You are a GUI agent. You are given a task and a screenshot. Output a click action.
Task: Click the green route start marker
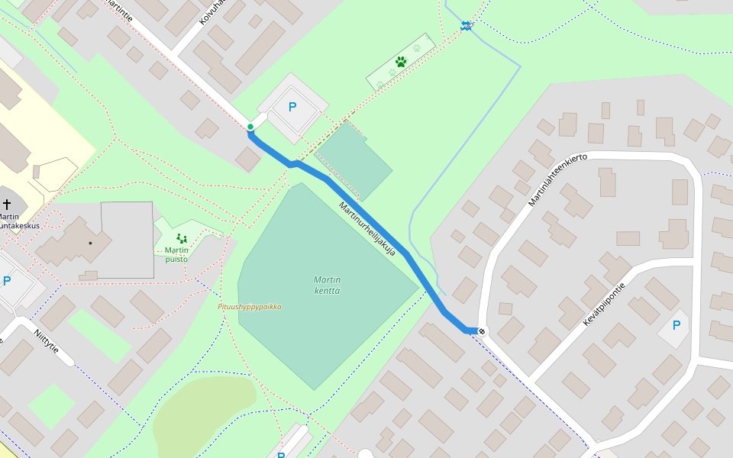(x=250, y=127)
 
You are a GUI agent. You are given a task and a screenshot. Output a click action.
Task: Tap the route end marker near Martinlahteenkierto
(x=482, y=331)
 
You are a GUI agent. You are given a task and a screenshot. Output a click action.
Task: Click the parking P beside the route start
(x=292, y=108)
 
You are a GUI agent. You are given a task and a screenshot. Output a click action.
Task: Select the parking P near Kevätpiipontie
(x=676, y=325)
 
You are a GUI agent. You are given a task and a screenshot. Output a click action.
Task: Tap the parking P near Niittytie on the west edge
(x=7, y=281)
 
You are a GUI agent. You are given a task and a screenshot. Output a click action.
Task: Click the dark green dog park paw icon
(x=401, y=61)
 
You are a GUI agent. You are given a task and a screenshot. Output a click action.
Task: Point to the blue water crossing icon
(x=466, y=27)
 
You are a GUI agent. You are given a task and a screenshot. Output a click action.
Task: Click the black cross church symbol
(x=7, y=204)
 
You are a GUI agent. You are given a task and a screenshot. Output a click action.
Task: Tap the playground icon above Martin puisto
(x=181, y=238)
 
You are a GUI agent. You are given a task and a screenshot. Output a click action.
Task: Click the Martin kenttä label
(x=327, y=285)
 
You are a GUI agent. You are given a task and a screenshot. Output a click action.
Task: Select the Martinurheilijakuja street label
(x=367, y=228)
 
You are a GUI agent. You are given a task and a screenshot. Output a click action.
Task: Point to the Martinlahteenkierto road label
(x=557, y=179)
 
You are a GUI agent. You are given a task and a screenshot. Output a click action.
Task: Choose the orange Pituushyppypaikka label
(x=250, y=307)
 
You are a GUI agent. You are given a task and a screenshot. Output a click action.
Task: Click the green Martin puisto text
(x=176, y=254)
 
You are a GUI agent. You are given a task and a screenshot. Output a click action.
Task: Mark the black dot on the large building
(x=90, y=243)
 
